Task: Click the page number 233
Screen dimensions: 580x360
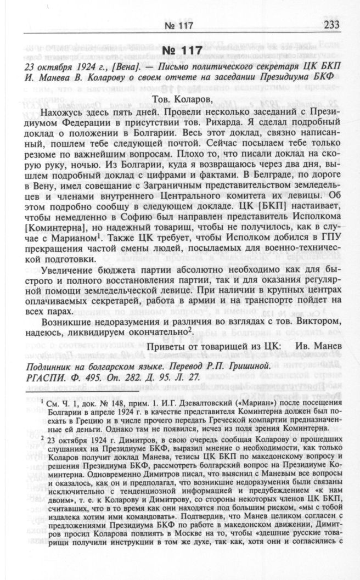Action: (331, 25)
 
